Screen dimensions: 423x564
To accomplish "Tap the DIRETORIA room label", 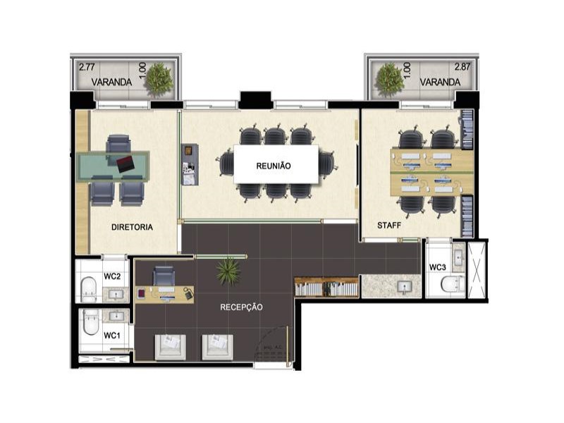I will click(133, 227).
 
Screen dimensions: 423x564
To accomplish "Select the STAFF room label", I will click(388, 226).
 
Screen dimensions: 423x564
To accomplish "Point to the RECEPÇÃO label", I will click(241, 307).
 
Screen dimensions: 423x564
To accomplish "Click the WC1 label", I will click(111, 336).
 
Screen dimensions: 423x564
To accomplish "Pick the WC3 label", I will click(437, 267).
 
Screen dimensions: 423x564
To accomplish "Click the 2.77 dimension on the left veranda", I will click(87, 68).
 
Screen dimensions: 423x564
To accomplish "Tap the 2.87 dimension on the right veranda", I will click(462, 68).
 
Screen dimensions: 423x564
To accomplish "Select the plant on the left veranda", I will click(160, 78).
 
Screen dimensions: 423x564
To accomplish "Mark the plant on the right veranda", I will click(388, 79).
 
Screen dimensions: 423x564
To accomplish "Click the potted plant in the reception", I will click(228, 270).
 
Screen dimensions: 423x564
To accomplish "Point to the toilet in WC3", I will click(450, 283).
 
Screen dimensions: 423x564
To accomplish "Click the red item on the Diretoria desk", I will click(126, 164).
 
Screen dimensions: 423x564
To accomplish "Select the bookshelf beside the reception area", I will click(326, 288).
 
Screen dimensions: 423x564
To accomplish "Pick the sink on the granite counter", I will click(404, 287).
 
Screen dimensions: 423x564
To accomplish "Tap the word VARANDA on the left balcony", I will click(111, 82).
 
